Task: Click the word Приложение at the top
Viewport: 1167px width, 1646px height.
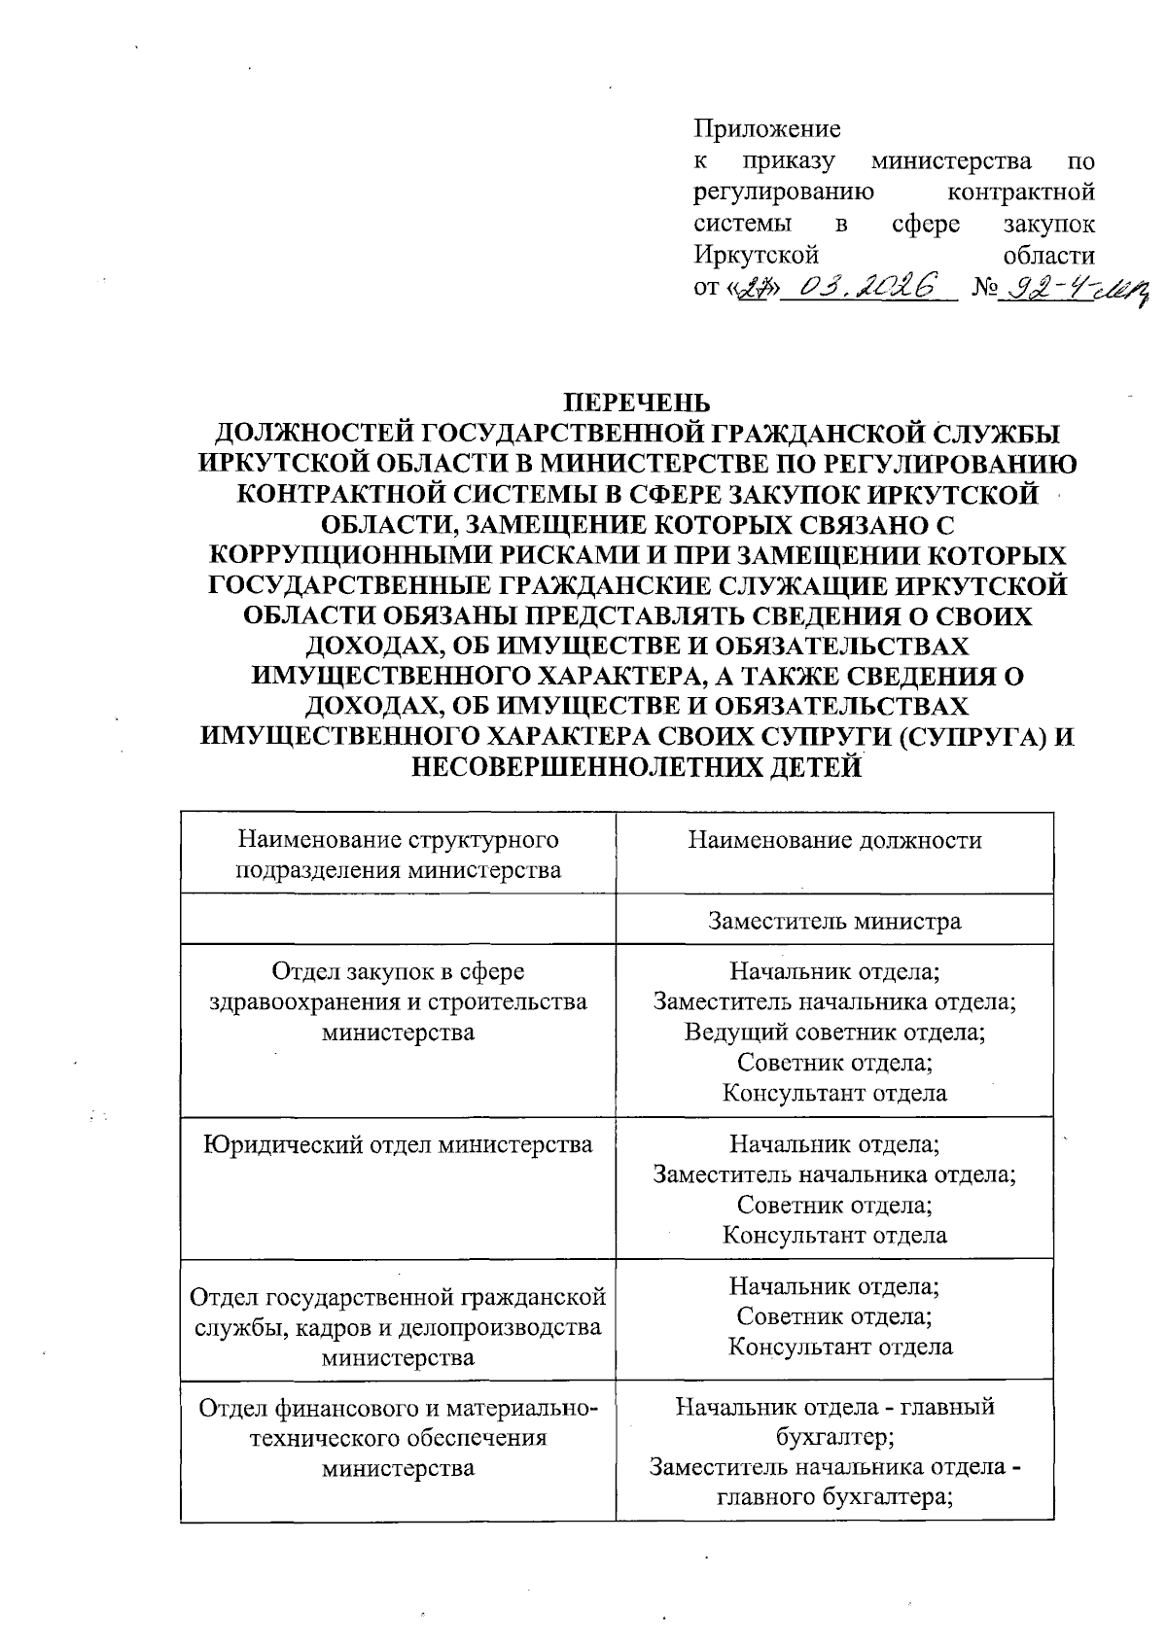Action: click(x=767, y=129)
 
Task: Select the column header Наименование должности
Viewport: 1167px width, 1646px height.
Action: click(x=834, y=840)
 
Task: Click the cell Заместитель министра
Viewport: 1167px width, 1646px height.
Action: click(x=834, y=920)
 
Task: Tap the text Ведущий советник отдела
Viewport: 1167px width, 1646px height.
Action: click(x=834, y=1032)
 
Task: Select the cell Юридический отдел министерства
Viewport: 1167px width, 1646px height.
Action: click(x=398, y=1144)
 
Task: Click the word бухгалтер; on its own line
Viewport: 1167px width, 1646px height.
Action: click(x=834, y=1437)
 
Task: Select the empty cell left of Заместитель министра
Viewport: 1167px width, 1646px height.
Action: click(x=398, y=920)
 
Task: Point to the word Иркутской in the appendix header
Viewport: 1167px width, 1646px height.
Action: click(x=756, y=255)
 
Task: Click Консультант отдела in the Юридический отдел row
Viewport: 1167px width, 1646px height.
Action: click(x=834, y=1236)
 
